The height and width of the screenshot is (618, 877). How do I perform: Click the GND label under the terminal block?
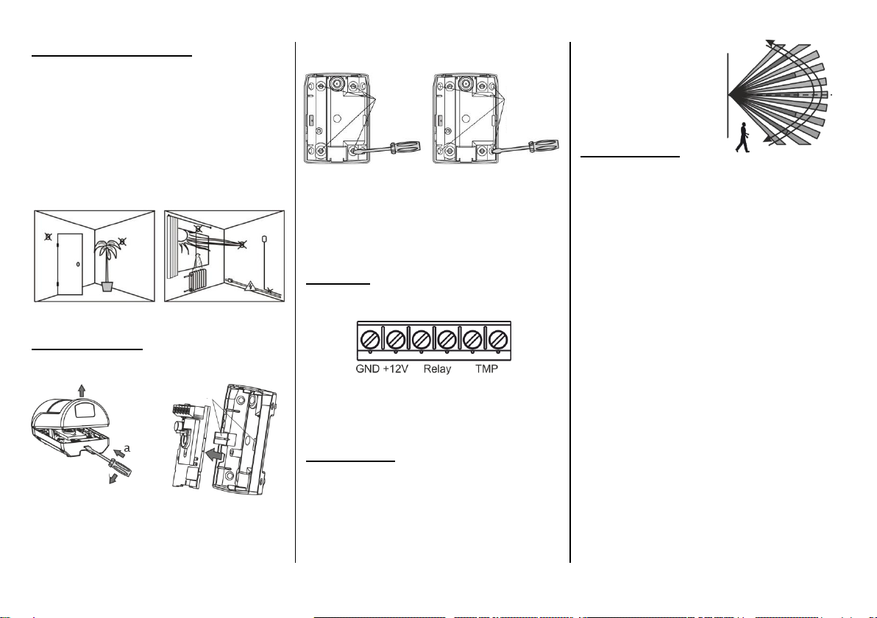pyautogui.click(x=367, y=369)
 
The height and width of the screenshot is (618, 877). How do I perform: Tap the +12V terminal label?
pyautogui.click(x=395, y=369)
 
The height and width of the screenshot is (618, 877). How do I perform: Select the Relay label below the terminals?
pyautogui.click(x=437, y=369)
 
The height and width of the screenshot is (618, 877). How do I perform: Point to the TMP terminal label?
pyautogui.click(x=486, y=369)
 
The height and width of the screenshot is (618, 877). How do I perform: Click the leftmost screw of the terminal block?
pyautogui.click(x=369, y=339)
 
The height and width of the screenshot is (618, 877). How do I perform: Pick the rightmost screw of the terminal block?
pyautogui.click(x=498, y=339)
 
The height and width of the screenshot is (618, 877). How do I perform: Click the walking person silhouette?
pyautogui.click(x=743, y=137)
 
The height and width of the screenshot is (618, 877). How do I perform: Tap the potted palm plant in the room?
pyautogui.click(x=107, y=265)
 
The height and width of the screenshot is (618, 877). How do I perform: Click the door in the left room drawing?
pyautogui.click(x=70, y=264)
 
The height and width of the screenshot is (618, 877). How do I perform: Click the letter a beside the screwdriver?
pyautogui.click(x=127, y=448)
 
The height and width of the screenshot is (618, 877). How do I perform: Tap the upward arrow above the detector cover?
pyautogui.click(x=82, y=391)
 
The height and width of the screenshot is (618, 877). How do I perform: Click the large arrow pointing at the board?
pyautogui.click(x=215, y=456)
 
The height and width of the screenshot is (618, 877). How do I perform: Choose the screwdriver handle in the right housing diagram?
pyautogui.click(x=543, y=145)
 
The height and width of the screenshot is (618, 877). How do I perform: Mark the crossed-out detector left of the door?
pyautogui.click(x=48, y=237)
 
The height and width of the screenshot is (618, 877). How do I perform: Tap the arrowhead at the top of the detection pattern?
pyautogui.click(x=770, y=43)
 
